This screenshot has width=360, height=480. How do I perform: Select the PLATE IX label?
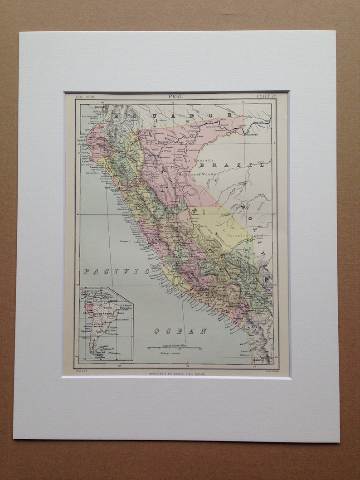pos(266,97)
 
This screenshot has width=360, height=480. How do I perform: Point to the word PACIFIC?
pos(116,272)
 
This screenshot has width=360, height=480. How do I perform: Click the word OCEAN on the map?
pos(180,331)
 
